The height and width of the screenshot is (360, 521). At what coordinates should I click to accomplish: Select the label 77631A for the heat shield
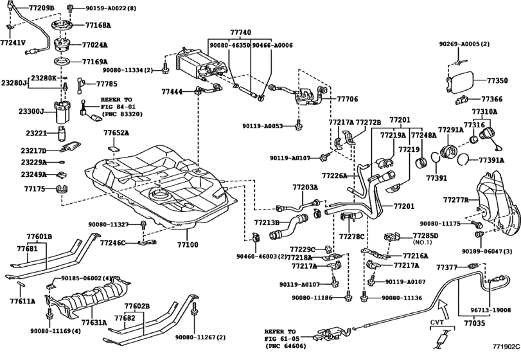point(94,323)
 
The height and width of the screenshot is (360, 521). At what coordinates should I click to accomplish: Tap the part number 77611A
point(23,300)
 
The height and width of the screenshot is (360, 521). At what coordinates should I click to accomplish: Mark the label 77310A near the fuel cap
point(486,111)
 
